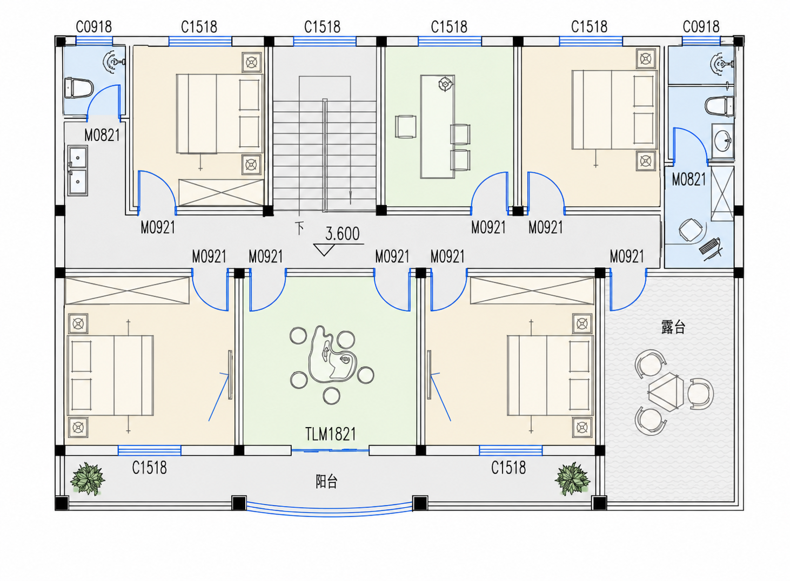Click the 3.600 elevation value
click(x=342, y=234)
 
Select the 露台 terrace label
click(x=673, y=327)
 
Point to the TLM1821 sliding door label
click(x=331, y=434)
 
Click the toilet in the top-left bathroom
click(x=79, y=87)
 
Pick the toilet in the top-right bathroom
click(x=719, y=106)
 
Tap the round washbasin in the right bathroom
click(x=722, y=141)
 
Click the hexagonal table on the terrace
click(x=666, y=391)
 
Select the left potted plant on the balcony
click(x=87, y=478)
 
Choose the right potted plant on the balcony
click(x=572, y=478)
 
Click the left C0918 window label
click(x=94, y=27)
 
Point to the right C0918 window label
click(x=701, y=27)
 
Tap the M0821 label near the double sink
click(x=102, y=136)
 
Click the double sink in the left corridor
click(x=78, y=171)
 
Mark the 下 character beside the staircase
click(x=299, y=228)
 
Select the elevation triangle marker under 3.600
click(x=324, y=250)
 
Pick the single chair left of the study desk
click(x=405, y=126)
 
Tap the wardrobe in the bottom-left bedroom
click(x=128, y=290)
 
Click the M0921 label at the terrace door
click(x=627, y=256)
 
